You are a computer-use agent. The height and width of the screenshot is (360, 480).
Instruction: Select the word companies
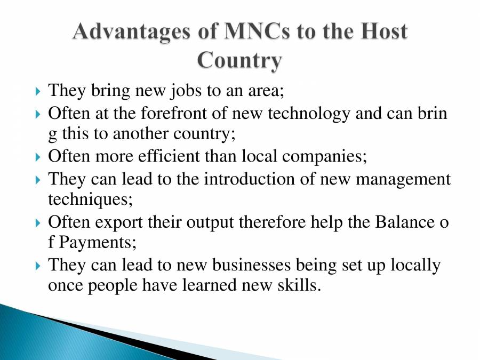(323, 157)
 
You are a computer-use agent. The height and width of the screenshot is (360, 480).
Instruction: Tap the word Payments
(97, 243)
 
